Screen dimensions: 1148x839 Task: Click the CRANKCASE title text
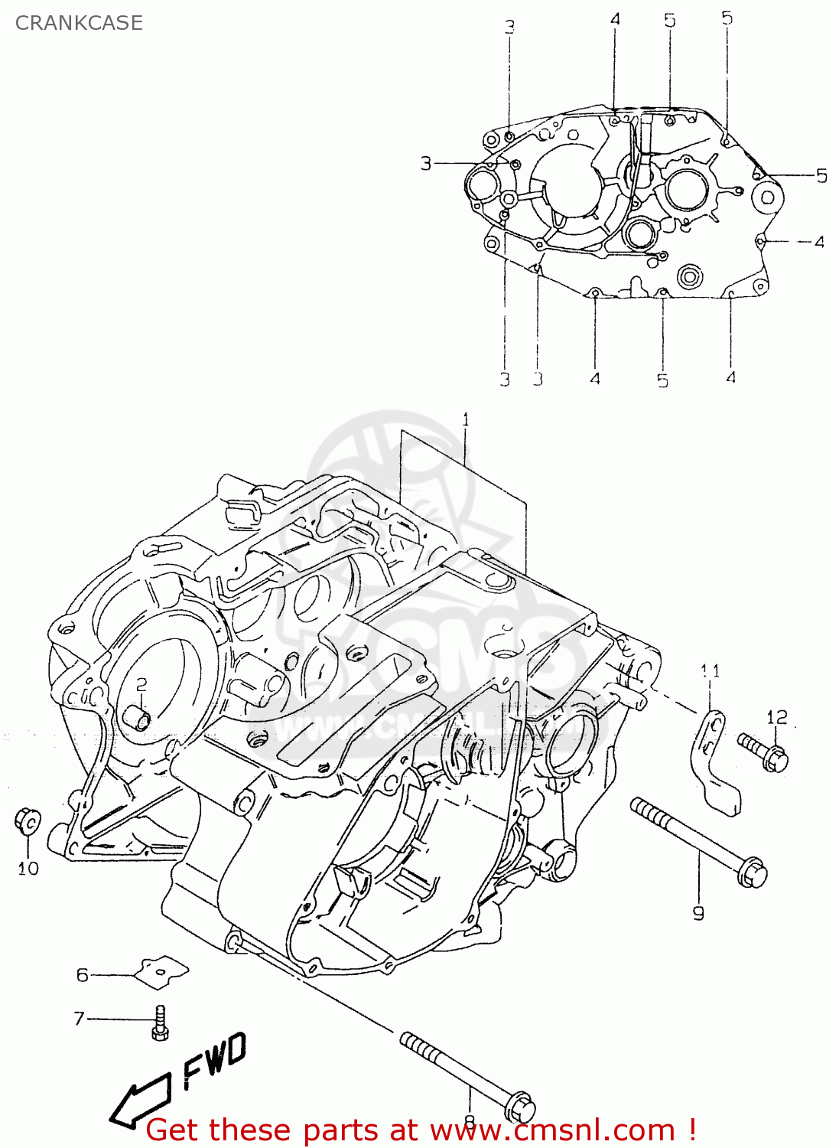pos(79,23)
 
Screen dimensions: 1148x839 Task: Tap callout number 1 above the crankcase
pos(465,419)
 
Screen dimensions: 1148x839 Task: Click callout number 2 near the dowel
pos(141,683)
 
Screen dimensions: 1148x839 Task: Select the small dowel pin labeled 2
pos(136,719)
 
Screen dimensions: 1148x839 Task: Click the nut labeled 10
pos(27,820)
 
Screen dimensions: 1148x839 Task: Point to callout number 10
pos(28,868)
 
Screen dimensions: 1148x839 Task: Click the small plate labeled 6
pos(161,971)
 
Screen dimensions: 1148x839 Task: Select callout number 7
pos(79,1019)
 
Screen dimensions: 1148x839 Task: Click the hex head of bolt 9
pos(753,873)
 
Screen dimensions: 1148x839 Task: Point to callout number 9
pos(698,912)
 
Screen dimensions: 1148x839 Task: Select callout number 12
pos(776,717)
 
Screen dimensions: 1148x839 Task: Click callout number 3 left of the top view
pos(426,163)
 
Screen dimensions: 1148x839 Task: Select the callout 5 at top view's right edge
pos(821,175)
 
